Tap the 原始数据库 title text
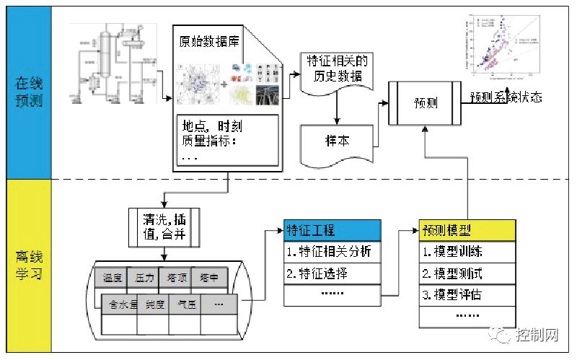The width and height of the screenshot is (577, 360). pos(210,41)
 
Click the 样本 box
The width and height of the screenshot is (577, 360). pos(337,140)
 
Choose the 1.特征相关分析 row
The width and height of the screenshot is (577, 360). pos(332,252)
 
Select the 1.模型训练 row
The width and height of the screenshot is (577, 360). pos(467,252)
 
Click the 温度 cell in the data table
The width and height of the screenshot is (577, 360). pos(113,277)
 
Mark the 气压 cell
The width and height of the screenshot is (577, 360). pos(185,304)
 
